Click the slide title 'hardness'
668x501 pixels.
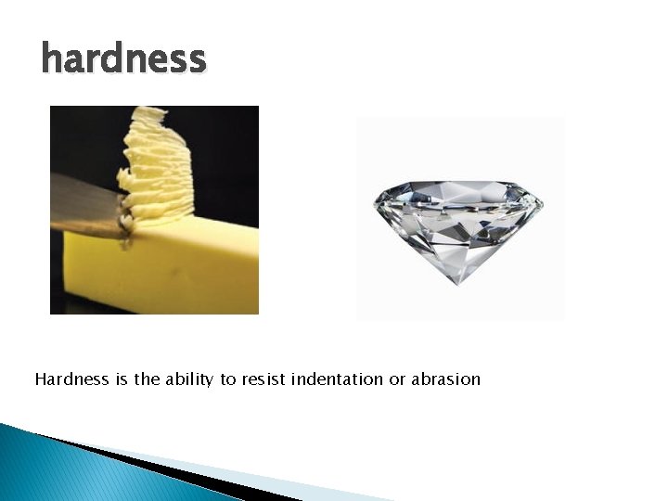coord(123,58)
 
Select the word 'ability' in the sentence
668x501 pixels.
coord(189,379)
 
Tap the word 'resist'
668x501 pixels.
coord(263,379)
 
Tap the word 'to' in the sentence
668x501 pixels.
coord(228,379)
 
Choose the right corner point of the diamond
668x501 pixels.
coord(542,203)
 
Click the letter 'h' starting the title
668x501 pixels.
coord(52,58)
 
